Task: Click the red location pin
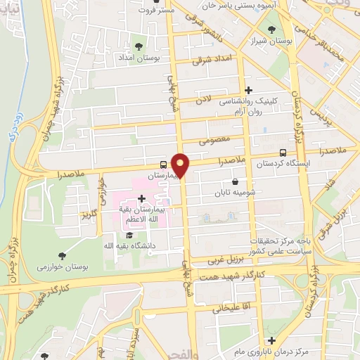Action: pyautogui.click(x=181, y=165)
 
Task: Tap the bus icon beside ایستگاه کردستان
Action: pyautogui.click(x=283, y=153)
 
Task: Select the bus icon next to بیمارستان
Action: pyautogui.click(x=164, y=160)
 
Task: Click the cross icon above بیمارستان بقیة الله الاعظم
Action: pyautogui.click(x=151, y=198)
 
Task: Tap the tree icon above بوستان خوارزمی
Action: pyautogui.click(x=63, y=256)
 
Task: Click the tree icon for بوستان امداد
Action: pyautogui.click(x=135, y=45)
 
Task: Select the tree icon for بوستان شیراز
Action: pyautogui.click(x=272, y=29)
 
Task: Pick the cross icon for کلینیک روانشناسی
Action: pyautogui.click(x=248, y=90)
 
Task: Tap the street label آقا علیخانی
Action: pyautogui.click(x=221, y=307)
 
